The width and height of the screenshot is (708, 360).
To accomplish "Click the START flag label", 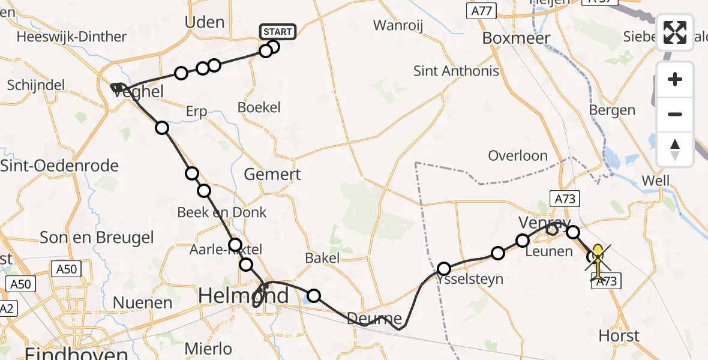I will pyautogui.click(x=277, y=32).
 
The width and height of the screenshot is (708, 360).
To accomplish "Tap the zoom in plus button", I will pyautogui.click(x=675, y=80).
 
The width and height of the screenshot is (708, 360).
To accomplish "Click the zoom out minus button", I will pyautogui.click(x=675, y=114).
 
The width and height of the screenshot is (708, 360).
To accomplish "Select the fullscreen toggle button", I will pyautogui.click(x=675, y=32).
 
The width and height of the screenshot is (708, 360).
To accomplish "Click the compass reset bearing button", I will pyautogui.click(x=675, y=149).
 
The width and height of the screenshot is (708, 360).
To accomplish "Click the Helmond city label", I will pyautogui.click(x=243, y=296).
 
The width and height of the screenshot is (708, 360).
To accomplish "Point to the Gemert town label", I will pyautogui.click(x=273, y=175).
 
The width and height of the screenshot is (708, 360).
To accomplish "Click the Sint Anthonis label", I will pyautogui.click(x=456, y=71).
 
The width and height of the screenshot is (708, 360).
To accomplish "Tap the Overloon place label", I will pyautogui.click(x=518, y=156).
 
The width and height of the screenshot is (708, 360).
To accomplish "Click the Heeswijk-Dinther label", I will pyautogui.click(x=72, y=37).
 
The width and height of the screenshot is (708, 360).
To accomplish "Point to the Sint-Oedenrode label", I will pyautogui.click(x=59, y=166).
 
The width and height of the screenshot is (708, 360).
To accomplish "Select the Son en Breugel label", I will pyautogui.click(x=97, y=238).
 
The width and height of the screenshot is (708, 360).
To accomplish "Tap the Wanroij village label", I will pyautogui.click(x=399, y=25).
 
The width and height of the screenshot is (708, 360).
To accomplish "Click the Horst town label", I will pyautogui.click(x=619, y=335).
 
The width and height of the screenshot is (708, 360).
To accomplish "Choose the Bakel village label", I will pyautogui.click(x=322, y=258).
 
